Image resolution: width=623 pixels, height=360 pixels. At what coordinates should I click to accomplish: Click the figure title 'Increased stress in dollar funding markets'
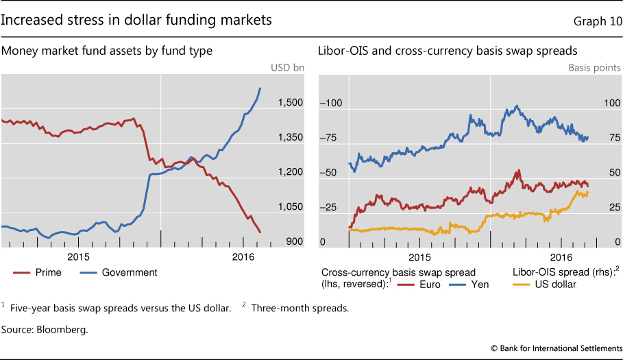(136, 21)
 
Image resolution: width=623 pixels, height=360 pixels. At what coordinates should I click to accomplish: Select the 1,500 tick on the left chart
(291, 103)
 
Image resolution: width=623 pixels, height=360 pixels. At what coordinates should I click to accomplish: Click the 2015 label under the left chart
(79, 256)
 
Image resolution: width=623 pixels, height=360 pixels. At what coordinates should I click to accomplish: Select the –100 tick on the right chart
(332, 103)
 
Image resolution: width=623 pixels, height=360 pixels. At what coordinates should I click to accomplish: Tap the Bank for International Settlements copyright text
(557, 348)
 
